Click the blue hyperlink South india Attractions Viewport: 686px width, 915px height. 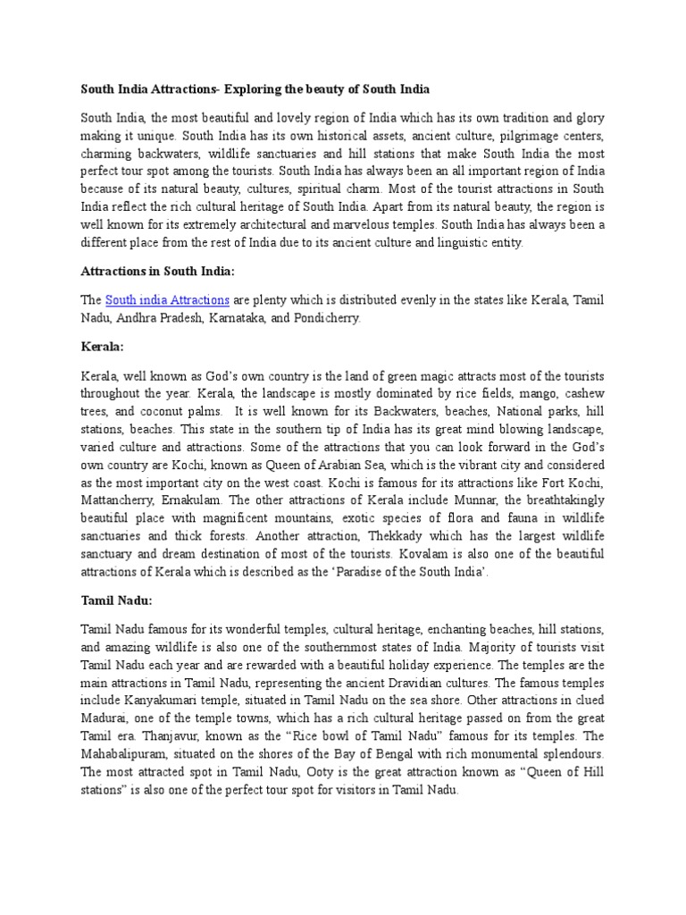pyautogui.click(x=167, y=299)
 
